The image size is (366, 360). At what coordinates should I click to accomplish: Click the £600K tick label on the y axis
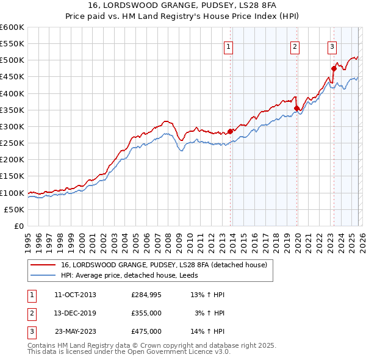12,27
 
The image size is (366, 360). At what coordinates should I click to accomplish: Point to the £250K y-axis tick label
12,143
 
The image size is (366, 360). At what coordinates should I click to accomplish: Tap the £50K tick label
14,209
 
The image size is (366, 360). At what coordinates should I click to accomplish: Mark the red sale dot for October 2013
230,131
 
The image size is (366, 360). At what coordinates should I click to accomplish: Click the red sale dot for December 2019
296,108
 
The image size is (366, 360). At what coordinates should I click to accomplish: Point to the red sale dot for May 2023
334,68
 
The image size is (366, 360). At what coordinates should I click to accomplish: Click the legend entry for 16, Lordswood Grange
164,265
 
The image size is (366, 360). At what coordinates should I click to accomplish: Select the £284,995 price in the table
146,295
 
